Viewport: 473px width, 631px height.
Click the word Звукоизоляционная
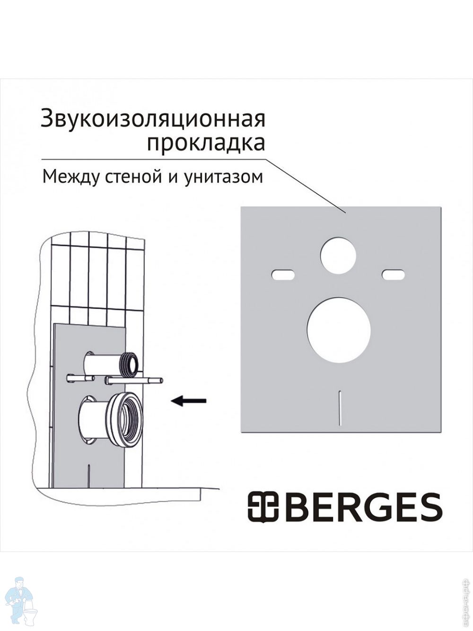153,119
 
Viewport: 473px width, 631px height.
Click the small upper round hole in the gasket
338,256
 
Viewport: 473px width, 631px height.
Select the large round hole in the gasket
339,330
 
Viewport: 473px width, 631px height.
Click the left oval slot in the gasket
283,275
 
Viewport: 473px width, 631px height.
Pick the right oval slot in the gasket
393,275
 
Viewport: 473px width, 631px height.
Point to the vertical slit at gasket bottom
340,408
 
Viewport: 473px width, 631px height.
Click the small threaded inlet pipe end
131,364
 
